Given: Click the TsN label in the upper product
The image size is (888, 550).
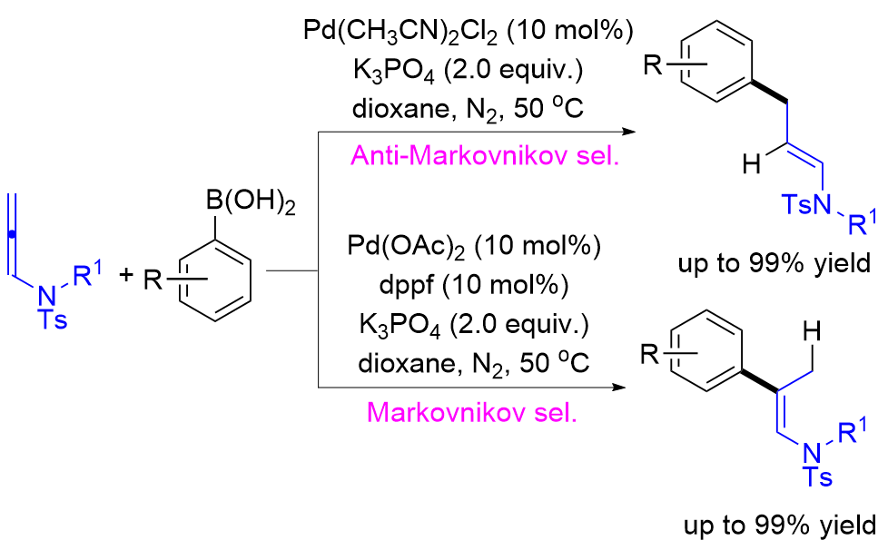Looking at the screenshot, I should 807,208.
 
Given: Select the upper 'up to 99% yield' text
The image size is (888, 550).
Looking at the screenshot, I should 778,265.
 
